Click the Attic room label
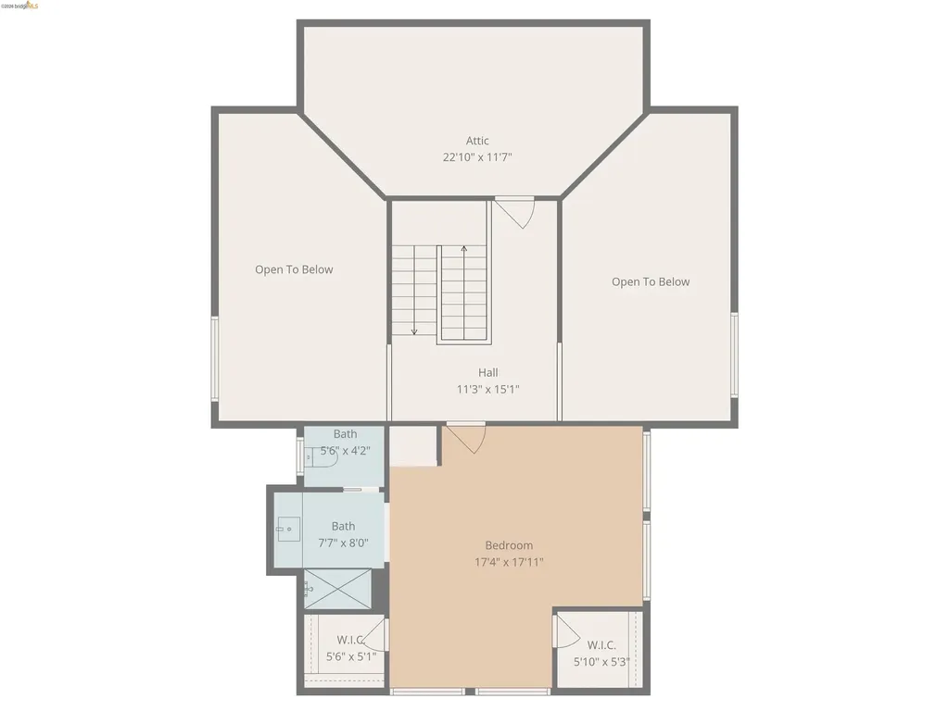[x=477, y=141]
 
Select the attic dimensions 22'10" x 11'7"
[x=477, y=157]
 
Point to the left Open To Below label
[x=294, y=269]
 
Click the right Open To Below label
[x=651, y=281]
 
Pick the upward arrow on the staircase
[x=463, y=250]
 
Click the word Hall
[x=488, y=372]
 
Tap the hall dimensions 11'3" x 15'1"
[x=488, y=389]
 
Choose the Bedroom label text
[x=509, y=545]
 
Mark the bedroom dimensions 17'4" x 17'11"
[x=509, y=562]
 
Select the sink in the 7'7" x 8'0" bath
[x=287, y=530]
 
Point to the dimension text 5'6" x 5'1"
[x=351, y=656]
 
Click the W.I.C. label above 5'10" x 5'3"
[x=601, y=645]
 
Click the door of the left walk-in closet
[x=373, y=637]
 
